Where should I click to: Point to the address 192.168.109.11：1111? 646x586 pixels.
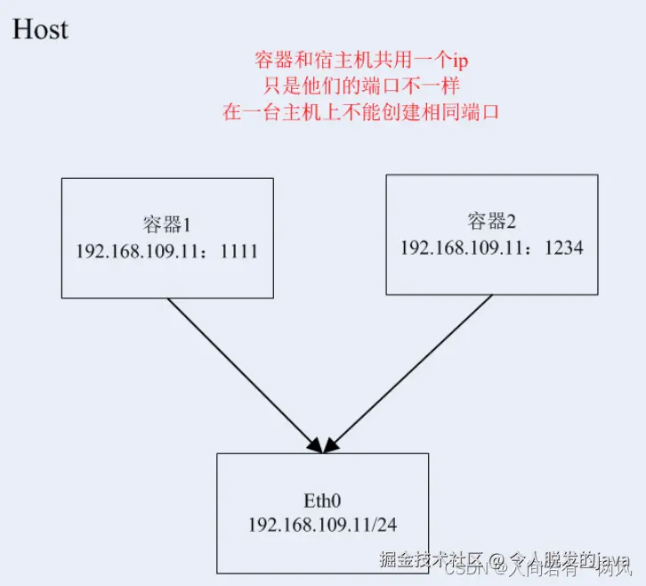[x=166, y=250]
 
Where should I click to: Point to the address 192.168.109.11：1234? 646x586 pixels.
[x=491, y=247]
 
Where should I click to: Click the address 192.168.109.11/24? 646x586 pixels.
[x=322, y=524]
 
